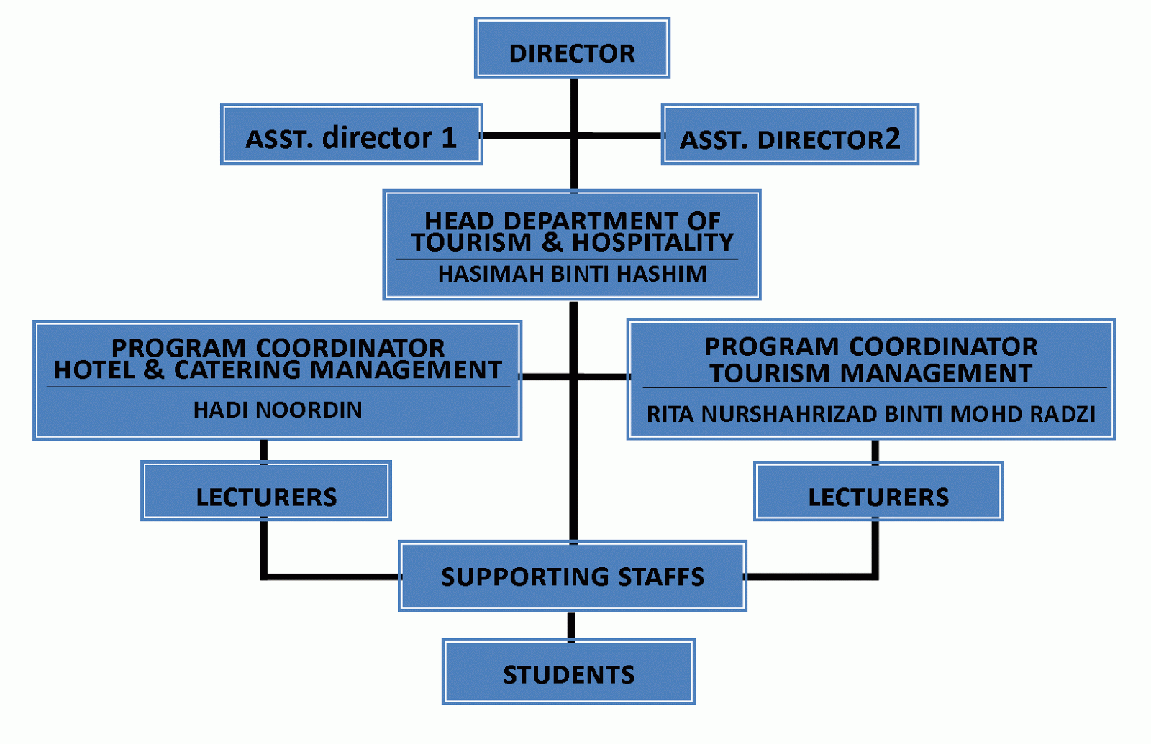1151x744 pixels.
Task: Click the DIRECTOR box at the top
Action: [x=572, y=49]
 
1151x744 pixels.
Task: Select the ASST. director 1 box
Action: [x=351, y=135]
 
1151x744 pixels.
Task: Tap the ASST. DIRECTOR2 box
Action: [x=790, y=135]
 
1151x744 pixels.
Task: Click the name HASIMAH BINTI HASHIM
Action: [x=572, y=274]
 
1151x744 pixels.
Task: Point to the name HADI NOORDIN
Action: [x=278, y=410]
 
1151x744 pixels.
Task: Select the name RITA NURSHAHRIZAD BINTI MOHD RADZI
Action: [x=870, y=414]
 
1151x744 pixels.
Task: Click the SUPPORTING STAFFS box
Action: [x=572, y=576]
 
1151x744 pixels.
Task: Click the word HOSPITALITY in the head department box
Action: [x=652, y=243]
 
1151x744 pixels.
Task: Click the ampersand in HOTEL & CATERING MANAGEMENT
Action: [x=153, y=370]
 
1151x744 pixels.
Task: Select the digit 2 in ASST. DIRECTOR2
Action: [x=892, y=138]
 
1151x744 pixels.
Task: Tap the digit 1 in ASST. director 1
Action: [x=449, y=137]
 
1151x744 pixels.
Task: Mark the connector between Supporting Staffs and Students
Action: [x=571, y=625]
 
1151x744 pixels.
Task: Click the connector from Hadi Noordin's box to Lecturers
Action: [x=264, y=451]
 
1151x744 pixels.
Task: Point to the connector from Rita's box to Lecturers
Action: [x=875, y=451]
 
